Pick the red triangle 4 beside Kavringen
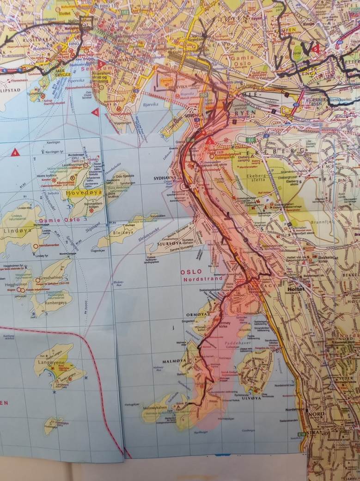pyautogui.click(x=15, y=152)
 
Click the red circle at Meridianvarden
pyautogui.click(x=36, y=246)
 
